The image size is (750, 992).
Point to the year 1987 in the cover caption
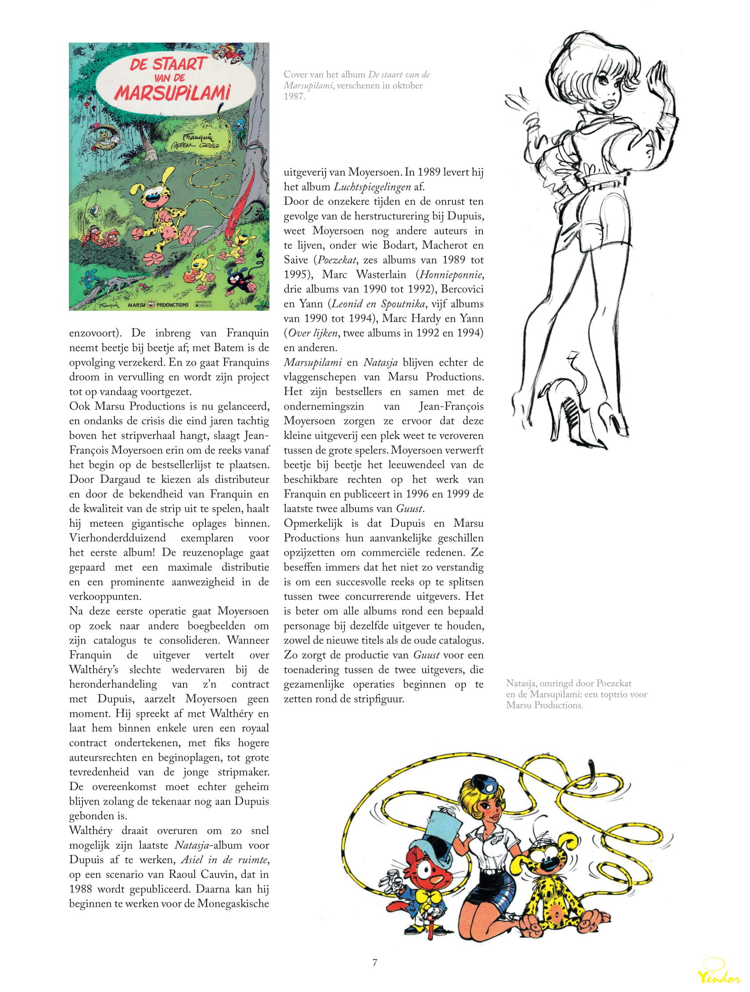[294, 96]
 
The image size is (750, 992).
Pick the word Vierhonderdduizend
[118, 538]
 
